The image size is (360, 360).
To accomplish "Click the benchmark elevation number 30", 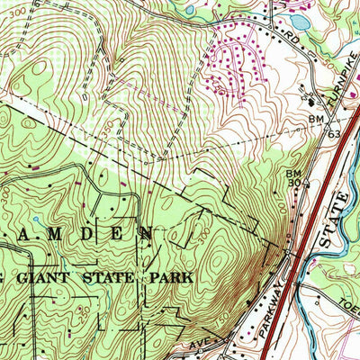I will [x=292, y=182].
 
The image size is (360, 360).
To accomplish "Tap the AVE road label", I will [x=198, y=342].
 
